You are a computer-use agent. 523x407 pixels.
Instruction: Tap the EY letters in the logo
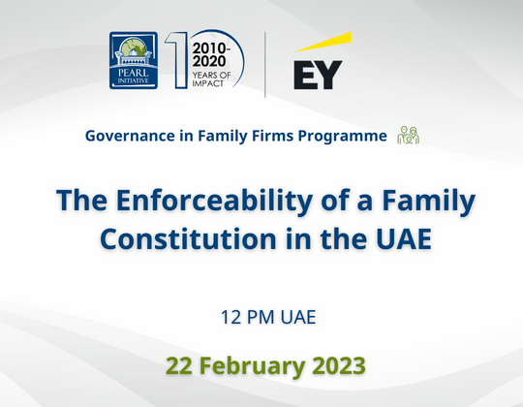(x=318, y=74)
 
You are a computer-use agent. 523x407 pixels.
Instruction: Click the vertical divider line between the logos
(x=265, y=64)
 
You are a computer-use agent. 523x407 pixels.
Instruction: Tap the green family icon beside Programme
(x=408, y=136)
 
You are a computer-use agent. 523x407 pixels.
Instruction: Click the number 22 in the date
(x=179, y=365)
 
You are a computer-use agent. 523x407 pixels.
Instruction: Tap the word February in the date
(x=251, y=365)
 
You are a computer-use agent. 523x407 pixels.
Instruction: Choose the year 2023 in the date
(x=336, y=365)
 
